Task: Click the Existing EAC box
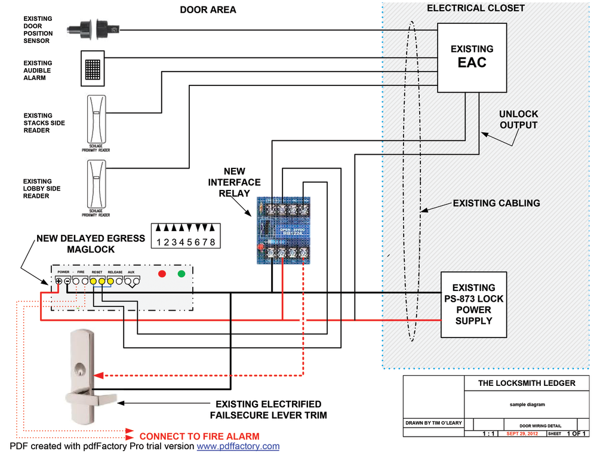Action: (472, 57)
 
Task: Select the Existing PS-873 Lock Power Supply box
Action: (473, 305)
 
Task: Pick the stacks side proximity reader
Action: (96, 119)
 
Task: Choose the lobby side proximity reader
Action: (96, 185)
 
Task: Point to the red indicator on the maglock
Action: (161, 275)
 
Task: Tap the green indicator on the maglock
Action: (181, 275)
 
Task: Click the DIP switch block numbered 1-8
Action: (183, 235)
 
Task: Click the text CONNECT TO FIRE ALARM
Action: (199, 436)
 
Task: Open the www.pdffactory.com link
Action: (238, 446)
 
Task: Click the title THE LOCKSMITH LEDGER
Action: (527, 383)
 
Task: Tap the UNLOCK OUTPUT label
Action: (518, 119)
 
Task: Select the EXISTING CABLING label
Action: (496, 203)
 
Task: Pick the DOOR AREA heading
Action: (208, 10)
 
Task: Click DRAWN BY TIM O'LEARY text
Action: (433, 424)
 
